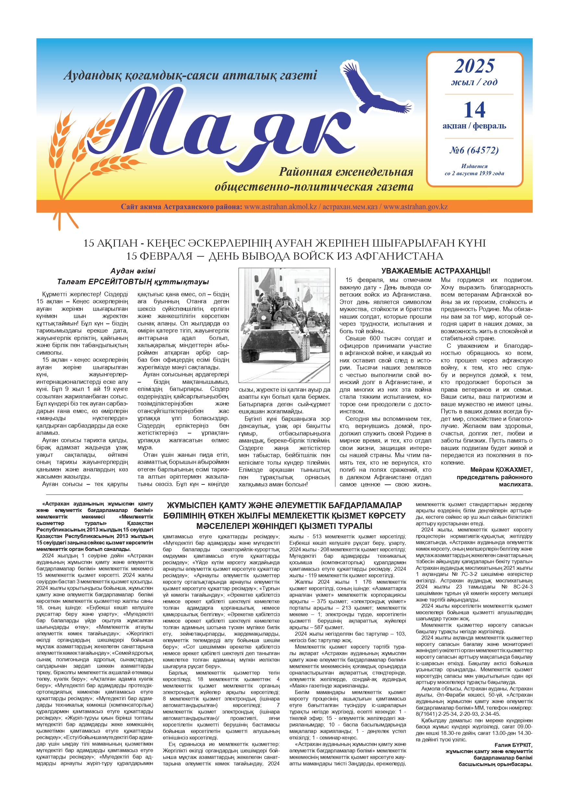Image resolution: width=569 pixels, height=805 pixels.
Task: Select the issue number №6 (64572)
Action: point(474,151)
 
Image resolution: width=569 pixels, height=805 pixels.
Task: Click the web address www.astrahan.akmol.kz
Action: point(281,207)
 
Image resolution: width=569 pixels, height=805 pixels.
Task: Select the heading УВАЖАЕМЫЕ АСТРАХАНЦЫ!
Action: point(435,271)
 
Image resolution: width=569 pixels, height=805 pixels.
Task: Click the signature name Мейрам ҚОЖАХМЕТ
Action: point(501,470)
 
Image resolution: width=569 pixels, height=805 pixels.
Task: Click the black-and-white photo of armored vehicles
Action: point(284,325)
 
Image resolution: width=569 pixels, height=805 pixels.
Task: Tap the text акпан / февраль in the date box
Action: point(474,126)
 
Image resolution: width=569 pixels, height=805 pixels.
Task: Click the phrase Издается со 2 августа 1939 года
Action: point(474,170)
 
